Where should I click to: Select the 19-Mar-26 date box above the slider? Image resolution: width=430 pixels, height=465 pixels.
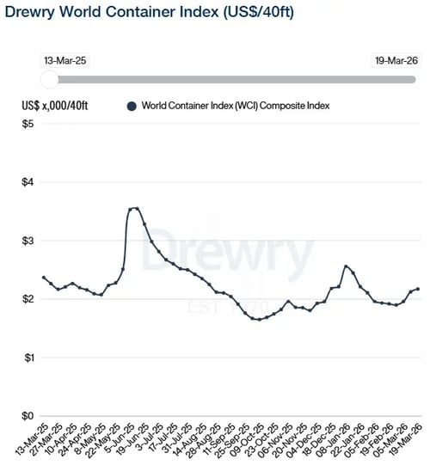coord(394,61)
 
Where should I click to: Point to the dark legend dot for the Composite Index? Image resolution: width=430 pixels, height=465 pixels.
coord(132,106)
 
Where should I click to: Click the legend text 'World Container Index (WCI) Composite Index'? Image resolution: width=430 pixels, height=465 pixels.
coord(236,106)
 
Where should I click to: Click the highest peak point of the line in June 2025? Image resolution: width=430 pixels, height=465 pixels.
coord(136,208)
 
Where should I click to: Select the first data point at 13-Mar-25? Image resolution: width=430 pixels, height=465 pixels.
coord(44,278)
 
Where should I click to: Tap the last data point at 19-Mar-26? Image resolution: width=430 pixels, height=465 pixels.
coord(418,289)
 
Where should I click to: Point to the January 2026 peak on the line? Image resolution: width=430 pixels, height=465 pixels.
coord(346,266)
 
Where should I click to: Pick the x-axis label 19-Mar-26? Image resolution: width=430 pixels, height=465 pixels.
coord(408,440)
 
